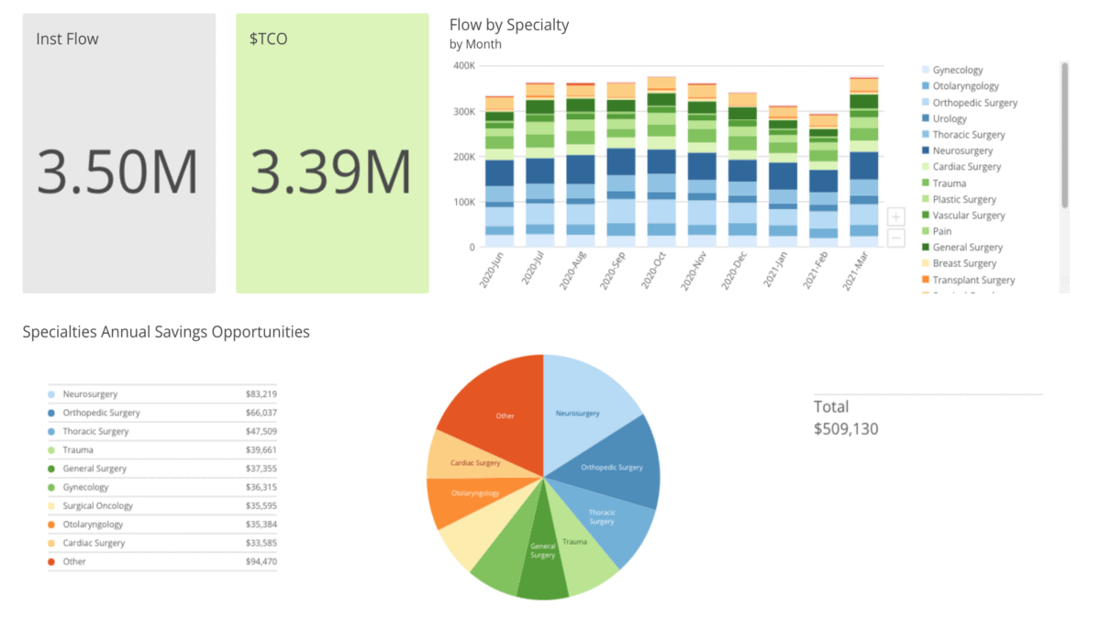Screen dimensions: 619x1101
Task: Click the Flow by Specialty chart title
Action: pyautogui.click(x=509, y=25)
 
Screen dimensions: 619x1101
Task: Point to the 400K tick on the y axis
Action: pyautogui.click(x=464, y=66)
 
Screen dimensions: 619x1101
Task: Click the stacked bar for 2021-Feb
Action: pyautogui.click(x=823, y=183)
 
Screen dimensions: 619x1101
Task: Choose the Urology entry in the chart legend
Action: pyautogui.click(x=950, y=119)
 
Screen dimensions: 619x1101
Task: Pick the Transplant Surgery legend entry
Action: pyautogui.click(x=973, y=280)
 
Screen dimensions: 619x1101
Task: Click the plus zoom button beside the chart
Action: pyautogui.click(x=895, y=217)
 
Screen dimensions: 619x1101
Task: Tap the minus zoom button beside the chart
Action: pyautogui.click(x=895, y=238)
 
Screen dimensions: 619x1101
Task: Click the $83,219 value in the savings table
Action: pyautogui.click(x=261, y=394)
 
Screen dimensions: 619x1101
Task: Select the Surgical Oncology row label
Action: pyautogui.click(x=97, y=506)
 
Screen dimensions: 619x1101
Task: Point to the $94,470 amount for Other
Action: pyautogui.click(x=261, y=562)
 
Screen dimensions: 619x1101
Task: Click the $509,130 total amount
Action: pyautogui.click(x=846, y=428)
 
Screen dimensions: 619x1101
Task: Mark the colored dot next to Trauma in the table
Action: pyautogui.click(x=50, y=450)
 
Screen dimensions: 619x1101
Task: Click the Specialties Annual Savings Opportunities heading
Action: pyautogui.click(x=166, y=332)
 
